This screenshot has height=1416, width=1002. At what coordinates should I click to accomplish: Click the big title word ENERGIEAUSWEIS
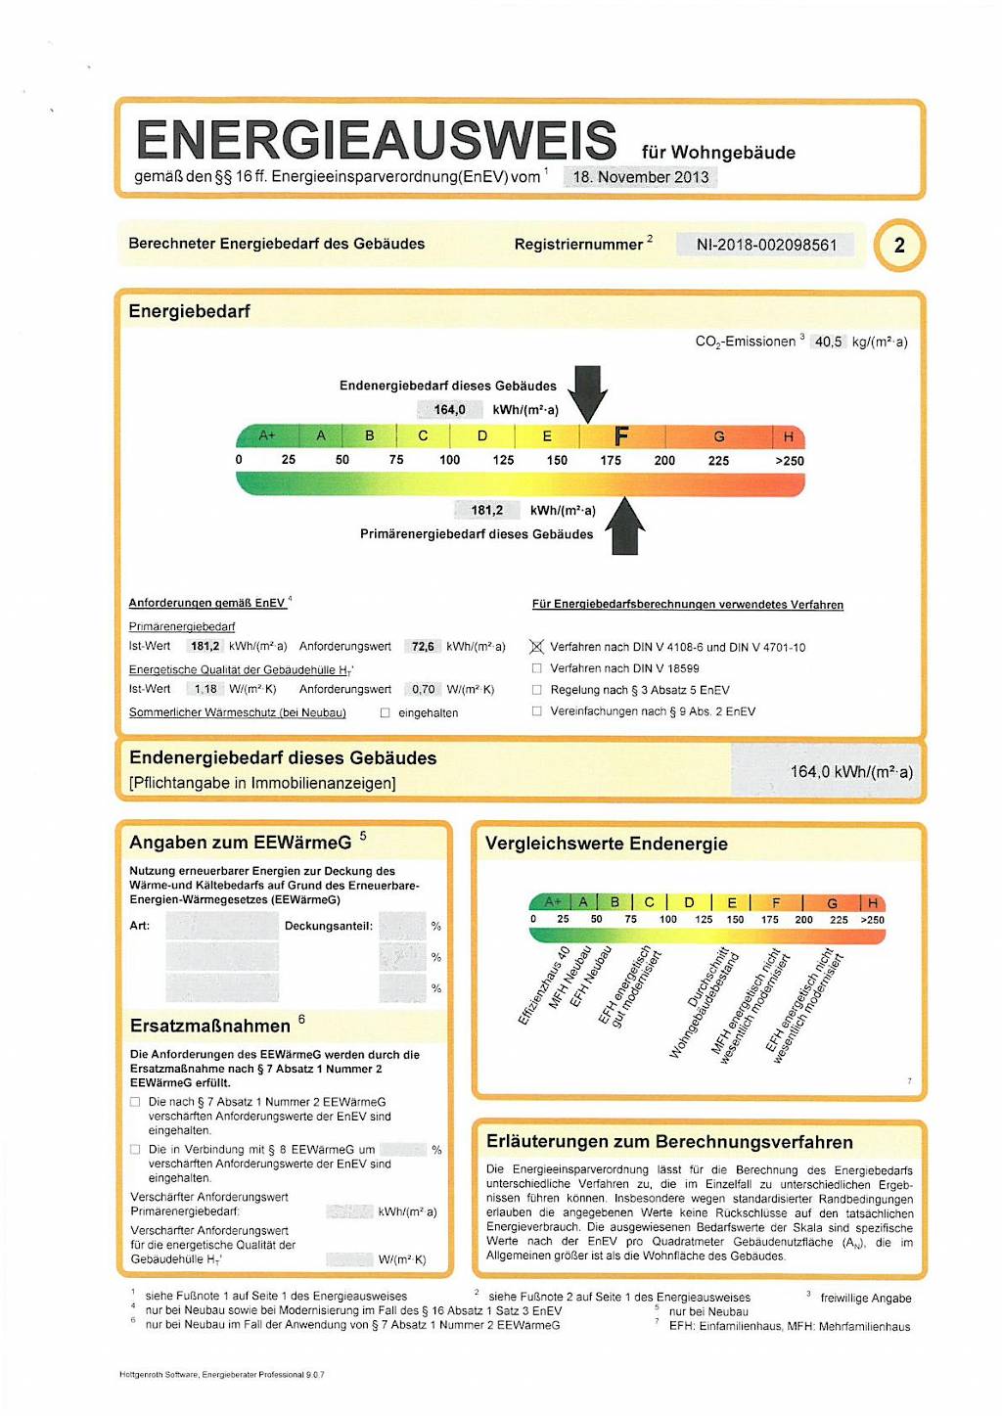tap(377, 140)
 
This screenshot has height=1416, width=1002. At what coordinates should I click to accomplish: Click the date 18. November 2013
tap(641, 177)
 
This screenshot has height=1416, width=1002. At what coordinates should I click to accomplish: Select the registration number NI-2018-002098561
tap(766, 245)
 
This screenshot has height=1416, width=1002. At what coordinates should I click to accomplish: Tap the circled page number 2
tap(899, 245)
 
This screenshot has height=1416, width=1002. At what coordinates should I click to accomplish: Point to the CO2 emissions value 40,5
tap(828, 342)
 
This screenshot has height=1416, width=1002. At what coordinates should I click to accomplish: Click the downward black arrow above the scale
tap(587, 392)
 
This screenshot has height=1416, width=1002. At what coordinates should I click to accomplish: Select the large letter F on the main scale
tap(621, 435)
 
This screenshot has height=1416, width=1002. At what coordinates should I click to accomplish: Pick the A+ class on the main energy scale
tap(266, 435)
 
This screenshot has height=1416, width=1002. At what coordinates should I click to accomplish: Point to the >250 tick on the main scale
tap(789, 461)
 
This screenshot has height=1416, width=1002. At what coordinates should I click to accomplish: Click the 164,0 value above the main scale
tap(449, 410)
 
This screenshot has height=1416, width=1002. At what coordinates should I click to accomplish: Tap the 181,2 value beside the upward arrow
tap(486, 510)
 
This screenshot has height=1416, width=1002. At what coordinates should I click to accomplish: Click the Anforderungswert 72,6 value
tap(423, 647)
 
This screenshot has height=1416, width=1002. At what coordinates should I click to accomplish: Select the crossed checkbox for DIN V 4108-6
tap(536, 647)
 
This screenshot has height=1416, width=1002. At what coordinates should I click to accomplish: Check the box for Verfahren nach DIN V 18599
tap(536, 668)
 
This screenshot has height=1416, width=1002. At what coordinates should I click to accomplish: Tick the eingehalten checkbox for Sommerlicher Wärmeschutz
tap(386, 712)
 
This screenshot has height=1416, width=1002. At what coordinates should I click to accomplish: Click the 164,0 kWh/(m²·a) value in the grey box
tap(850, 772)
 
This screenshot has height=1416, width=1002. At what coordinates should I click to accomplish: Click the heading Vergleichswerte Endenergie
tap(606, 844)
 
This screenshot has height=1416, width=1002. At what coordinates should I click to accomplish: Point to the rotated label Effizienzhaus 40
tap(544, 985)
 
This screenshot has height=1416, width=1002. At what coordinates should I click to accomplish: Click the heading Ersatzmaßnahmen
tap(209, 1026)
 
